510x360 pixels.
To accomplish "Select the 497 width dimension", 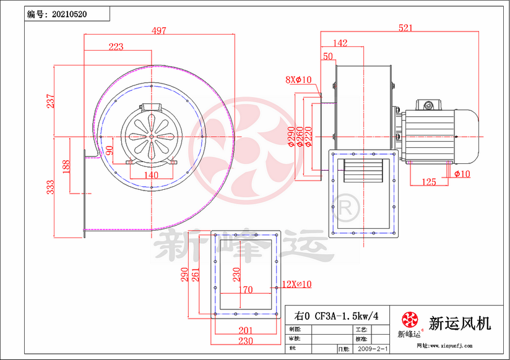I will (160, 31).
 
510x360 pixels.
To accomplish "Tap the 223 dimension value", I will (116, 46).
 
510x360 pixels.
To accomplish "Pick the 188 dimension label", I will (66, 166).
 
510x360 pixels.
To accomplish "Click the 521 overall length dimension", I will (405, 28).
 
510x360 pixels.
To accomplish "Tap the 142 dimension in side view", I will (340, 43).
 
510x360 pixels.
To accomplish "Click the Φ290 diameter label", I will (291, 137).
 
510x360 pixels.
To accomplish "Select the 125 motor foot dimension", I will (428, 182).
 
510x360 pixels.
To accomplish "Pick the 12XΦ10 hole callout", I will (296, 284).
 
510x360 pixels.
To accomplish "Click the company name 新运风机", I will (459, 323).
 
